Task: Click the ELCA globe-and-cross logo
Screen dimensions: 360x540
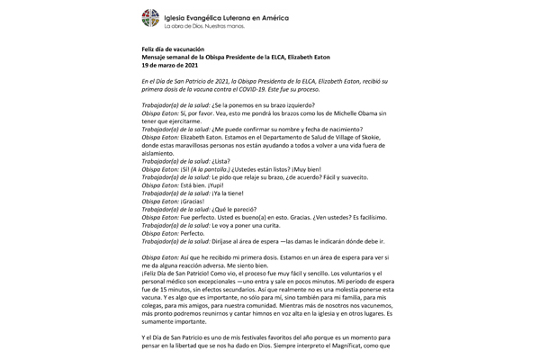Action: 148,19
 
